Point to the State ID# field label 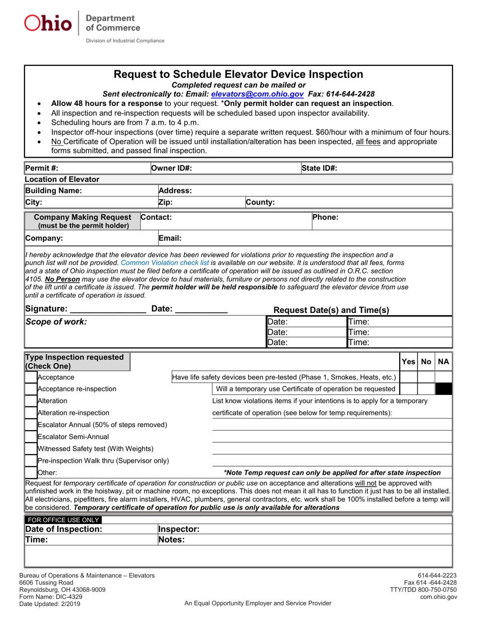point(319,168)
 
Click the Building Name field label point(53,191)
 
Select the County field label point(260,202)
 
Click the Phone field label point(325,218)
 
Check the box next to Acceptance point(31,377)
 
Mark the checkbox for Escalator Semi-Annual point(31,437)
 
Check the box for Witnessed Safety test point(31,449)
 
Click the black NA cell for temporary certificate point(443,389)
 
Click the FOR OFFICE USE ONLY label point(63,520)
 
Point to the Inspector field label point(179,529)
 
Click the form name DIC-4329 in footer point(51,596)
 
